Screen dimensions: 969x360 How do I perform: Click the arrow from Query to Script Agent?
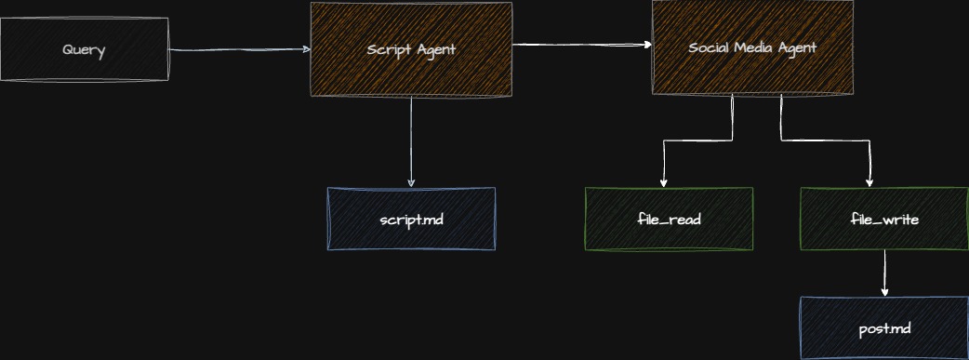tap(239, 50)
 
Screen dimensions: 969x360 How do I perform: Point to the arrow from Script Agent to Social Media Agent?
tap(581, 44)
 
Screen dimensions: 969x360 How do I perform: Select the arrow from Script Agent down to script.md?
tap(411, 140)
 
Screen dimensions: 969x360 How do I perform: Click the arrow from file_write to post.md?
tap(884, 273)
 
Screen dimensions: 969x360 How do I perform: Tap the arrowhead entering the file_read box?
tap(663, 182)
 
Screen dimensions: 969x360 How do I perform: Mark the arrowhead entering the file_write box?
tap(869, 182)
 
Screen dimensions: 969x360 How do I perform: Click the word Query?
tap(84, 49)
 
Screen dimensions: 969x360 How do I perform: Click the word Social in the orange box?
tap(710, 47)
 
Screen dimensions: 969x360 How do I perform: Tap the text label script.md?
tap(411, 220)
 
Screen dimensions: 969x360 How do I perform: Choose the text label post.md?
tap(884, 328)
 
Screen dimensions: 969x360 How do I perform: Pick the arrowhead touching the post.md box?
tap(884, 291)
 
